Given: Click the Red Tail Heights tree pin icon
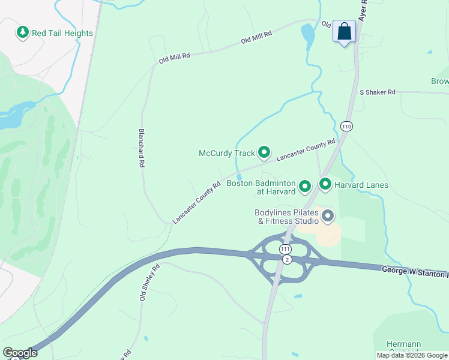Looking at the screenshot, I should tap(23, 32).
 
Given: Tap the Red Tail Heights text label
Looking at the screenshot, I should tap(62, 33).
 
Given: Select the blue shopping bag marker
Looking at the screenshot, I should tap(345, 32).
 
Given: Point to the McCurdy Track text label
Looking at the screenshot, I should tap(227, 153).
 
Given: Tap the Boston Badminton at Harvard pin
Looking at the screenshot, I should tap(305, 187).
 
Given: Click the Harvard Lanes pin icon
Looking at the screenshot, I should tap(325, 184).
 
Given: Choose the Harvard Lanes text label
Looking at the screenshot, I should tap(361, 185).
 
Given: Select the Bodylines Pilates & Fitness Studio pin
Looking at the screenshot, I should tap(327, 215).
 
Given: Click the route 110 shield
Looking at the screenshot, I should tap(346, 126).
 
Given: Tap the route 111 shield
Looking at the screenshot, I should tap(285, 248).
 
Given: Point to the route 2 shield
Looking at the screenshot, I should tap(288, 259).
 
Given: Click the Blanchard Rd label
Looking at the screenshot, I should tap(142, 148).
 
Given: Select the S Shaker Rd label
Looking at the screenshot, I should tap(378, 92).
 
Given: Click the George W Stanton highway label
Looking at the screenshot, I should tap(414, 271).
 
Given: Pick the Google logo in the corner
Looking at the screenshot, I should tap(20, 353).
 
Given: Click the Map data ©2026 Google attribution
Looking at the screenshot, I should tap(412, 355).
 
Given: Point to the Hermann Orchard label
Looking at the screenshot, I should tap(403, 347).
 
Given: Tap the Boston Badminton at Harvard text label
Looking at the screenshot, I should tap(261, 187).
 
